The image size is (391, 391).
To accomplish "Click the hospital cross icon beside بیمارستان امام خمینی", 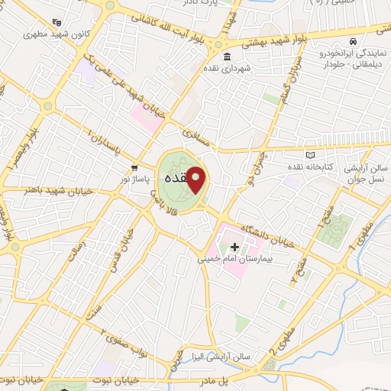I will click(x=234, y=247).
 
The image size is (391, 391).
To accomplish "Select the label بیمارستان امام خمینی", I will click(x=234, y=260).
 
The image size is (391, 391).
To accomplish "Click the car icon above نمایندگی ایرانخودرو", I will click(x=352, y=40).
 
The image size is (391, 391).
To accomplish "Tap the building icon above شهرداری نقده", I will click(x=228, y=58).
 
